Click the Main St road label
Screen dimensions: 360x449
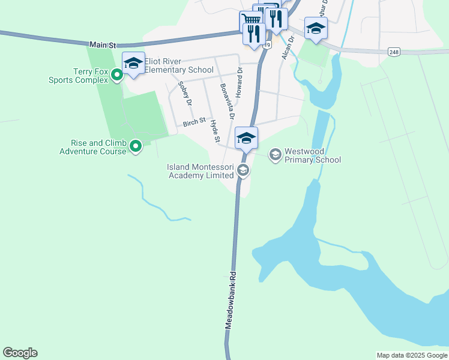click(x=102, y=45)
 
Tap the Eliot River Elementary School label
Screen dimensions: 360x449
click(x=178, y=70)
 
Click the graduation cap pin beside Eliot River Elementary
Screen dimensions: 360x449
click(x=133, y=63)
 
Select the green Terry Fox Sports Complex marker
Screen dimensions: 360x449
click(x=118, y=75)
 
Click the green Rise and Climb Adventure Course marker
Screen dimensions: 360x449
click(x=136, y=145)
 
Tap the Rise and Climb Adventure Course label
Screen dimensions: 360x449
click(x=93, y=147)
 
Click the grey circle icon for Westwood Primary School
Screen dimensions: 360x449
click(x=275, y=155)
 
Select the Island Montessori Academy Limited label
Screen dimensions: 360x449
click(x=200, y=171)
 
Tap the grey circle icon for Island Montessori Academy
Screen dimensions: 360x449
click(x=243, y=170)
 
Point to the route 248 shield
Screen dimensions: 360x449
click(x=394, y=52)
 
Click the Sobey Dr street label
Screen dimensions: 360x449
click(x=185, y=94)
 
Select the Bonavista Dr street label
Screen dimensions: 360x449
click(x=227, y=100)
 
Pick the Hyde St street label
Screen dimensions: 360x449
click(x=214, y=131)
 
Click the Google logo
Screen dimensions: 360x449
click(x=20, y=353)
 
